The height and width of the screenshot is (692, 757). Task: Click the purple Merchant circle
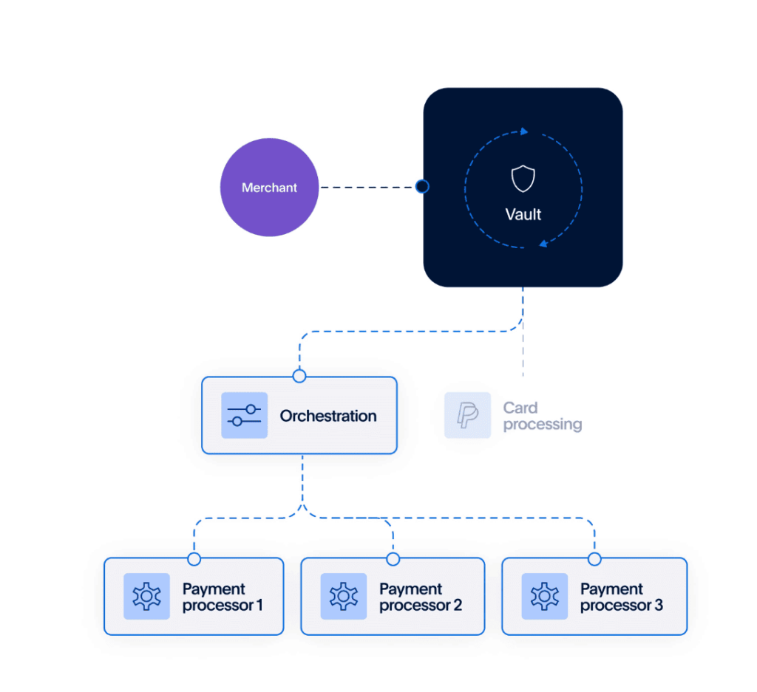[269, 188]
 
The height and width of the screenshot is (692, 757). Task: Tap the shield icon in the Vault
[523, 179]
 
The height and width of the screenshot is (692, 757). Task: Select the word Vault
[523, 215]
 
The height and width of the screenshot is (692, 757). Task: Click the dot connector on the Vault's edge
[422, 187]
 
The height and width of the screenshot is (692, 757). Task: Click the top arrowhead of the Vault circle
[525, 131]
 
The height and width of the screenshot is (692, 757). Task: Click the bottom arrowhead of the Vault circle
[543, 243]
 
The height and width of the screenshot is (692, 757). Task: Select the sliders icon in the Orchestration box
[244, 416]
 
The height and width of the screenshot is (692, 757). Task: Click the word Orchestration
[328, 416]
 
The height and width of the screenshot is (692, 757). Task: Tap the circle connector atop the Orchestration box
[299, 377]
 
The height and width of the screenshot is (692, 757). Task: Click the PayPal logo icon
[467, 415]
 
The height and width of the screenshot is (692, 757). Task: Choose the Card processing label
[542, 416]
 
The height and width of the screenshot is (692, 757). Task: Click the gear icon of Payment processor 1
[146, 596]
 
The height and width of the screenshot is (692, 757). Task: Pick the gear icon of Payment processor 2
[343, 596]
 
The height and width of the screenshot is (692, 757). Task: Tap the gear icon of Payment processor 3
[545, 596]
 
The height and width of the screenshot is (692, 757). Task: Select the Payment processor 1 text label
[223, 597]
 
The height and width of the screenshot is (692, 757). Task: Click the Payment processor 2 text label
[421, 597]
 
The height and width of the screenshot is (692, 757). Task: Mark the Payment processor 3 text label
[621, 597]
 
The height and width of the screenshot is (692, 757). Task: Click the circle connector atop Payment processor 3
[594, 559]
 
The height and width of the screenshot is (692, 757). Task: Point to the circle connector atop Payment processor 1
[194, 559]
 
